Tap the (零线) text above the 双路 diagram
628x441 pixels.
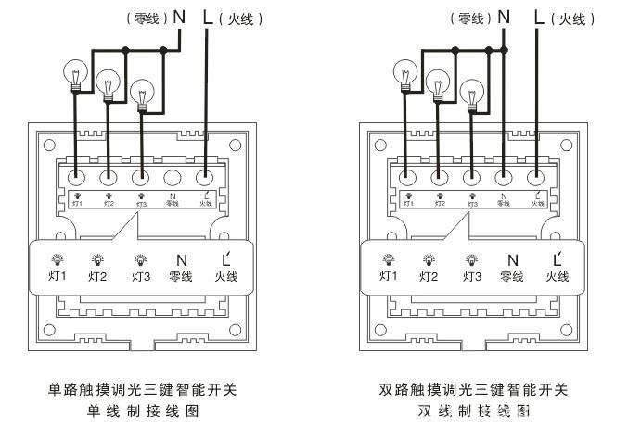[x=469, y=18]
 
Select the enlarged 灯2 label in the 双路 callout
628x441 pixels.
[x=428, y=275]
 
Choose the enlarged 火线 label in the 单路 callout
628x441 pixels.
[x=226, y=275]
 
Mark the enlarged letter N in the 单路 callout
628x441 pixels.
[x=181, y=260]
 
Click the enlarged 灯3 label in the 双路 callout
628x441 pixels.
[x=471, y=275]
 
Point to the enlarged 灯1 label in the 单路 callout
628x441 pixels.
[x=58, y=275]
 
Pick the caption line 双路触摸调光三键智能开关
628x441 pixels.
[x=473, y=389]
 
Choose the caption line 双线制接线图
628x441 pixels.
[x=473, y=410]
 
